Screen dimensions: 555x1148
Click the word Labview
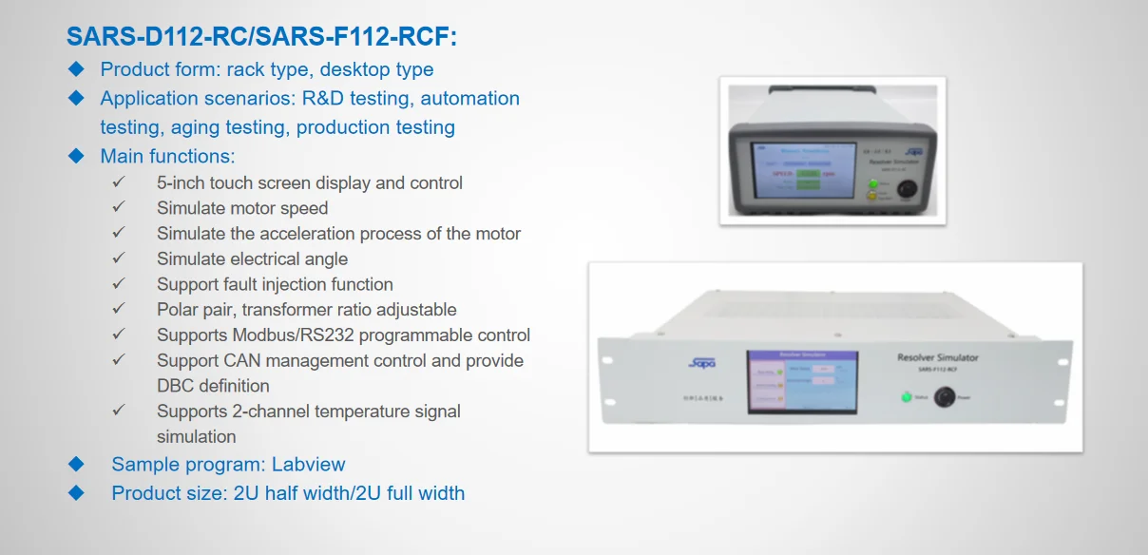coord(308,465)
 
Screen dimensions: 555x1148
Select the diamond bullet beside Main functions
coord(77,156)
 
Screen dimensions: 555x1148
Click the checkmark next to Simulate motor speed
coord(119,207)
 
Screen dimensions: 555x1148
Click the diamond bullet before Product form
coord(77,69)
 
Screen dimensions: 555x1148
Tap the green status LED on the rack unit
coord(906,397)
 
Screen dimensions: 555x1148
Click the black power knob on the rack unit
coord(946,397)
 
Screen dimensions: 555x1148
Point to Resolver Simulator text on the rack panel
coord(937,358)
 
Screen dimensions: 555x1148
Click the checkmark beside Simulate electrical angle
coord(119,258)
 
